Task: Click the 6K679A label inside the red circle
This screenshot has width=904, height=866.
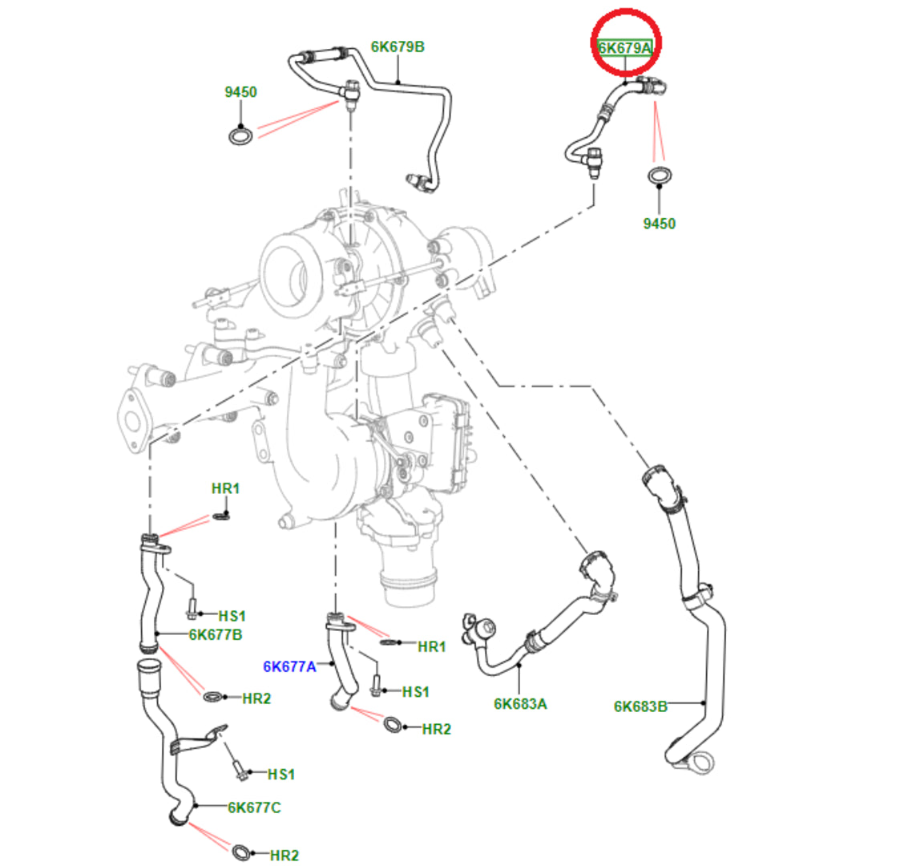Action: click(x=624, y=48)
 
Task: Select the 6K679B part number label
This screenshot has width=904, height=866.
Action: click(x=398, y=47)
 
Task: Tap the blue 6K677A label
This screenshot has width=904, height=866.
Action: click(x=290, y=666)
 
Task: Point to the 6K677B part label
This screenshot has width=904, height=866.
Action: click(x=216, y=635)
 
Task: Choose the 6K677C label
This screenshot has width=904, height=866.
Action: click(x=254, y=807)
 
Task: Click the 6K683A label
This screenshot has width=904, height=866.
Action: click(x=520, y=703)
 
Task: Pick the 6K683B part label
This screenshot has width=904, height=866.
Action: click(x=640, y=706)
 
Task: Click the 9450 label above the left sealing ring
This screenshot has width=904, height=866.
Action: click(x=240, y=92)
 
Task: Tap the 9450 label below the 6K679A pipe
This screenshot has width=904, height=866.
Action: click(x=659, y=224)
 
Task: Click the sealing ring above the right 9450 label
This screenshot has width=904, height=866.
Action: click(x=660, y=176)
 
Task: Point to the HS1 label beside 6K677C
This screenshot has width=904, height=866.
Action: click(x=281, y=774)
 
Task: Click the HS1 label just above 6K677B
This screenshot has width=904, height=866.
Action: click(x=232, y=616)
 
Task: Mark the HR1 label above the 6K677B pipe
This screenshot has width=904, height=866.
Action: click(x=225, y=488)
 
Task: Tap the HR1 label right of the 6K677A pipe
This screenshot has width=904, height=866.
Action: click(x=432, y=646)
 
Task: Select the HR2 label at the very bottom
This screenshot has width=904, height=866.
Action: click(x=285, y=856)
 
